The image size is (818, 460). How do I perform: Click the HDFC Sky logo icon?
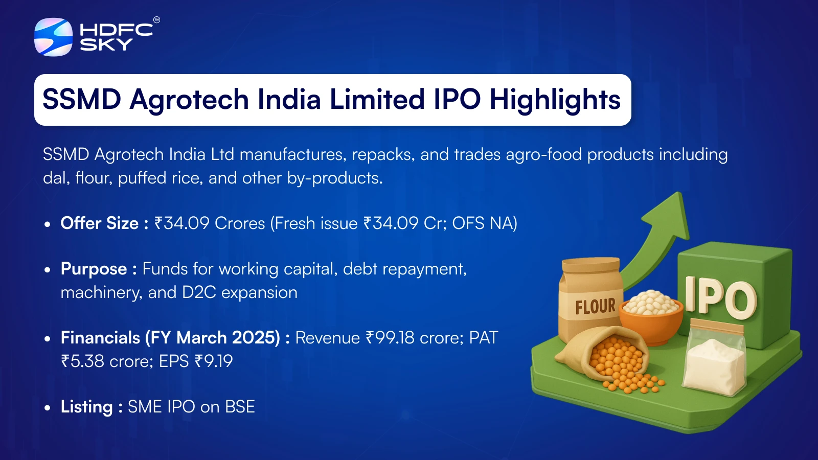click(x=53, y=37)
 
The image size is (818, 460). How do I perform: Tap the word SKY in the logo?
click(x=106, y=44)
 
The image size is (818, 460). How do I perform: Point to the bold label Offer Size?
click(x=99, y=223)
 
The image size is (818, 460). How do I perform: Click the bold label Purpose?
click(x=94, y=269)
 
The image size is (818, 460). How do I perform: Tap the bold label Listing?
click(x=86, y=407)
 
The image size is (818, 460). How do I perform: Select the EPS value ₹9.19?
click(x=214, y=361)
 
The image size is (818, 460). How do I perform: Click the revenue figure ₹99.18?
click(x=390, y=338)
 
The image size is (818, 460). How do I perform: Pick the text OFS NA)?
click(x=485, y=223)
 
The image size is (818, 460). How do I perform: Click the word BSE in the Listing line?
click(x=240, y=407)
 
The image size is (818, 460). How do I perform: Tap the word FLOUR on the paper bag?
click(x=595, y=306)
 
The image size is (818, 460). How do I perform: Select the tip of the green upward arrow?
click(x=680, y=193)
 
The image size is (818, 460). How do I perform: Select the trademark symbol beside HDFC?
click(x=156, y=20)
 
